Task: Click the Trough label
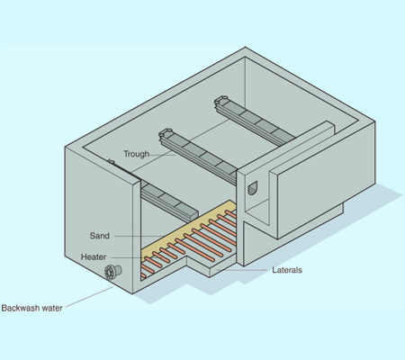(136, 154)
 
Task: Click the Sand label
(100, 236)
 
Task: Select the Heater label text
(94, 257)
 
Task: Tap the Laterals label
(287, 270)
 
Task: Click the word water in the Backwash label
(52, 308)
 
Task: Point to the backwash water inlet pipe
(112, 272)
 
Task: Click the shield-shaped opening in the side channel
(253, 188)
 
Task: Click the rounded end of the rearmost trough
(221, 100)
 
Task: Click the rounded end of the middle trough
(166, 132)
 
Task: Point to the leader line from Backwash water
(89, 297)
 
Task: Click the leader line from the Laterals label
(242, 270)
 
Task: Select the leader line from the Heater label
(130, 257)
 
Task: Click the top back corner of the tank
(246, 47)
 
